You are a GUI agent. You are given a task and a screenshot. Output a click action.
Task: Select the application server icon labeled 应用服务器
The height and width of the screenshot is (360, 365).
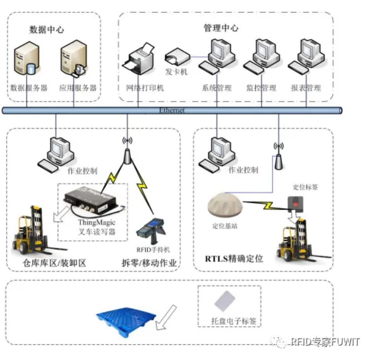tap(73, 60)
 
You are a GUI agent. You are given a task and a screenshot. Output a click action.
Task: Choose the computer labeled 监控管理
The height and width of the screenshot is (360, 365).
tap(262, 57)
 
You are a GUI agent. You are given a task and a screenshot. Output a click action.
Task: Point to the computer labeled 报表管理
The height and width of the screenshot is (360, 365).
tap(306, 57)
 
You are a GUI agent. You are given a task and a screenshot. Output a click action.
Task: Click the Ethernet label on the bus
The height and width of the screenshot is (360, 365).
tap(172, 110)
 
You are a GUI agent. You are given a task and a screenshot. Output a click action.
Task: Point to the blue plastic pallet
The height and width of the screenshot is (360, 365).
tap(126, 317)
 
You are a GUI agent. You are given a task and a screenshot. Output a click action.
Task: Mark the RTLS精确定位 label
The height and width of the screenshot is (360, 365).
tap(234, 258)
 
